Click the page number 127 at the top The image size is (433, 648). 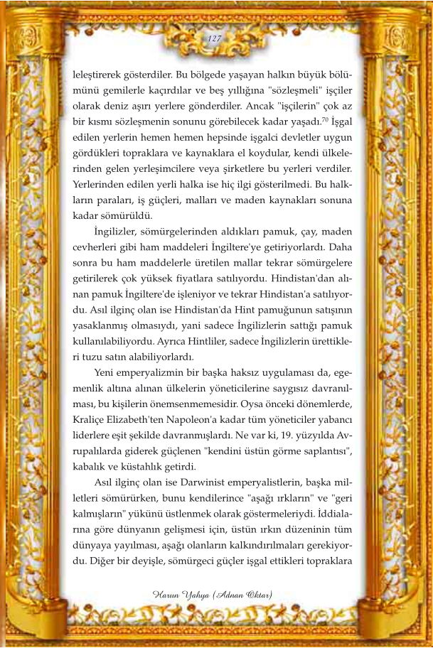pyautogui.click(x=216, y=38)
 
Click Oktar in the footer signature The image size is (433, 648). pyautogui.click(x=254, y=593)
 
